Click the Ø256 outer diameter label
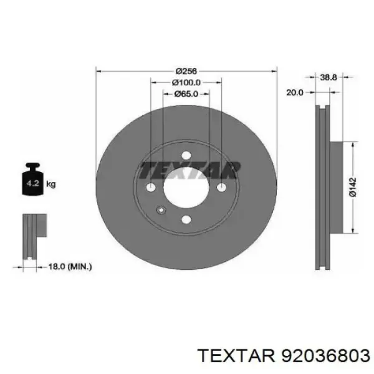(x=186, y=71)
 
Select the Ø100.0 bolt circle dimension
(x=186, y=82)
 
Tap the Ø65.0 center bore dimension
(x=186, y=94)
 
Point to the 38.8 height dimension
(x=328, y=77)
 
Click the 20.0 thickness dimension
(x=295, y=92)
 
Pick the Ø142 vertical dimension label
(x=353, y=187)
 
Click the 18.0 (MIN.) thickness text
(x=70, y=266)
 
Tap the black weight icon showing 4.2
(x=32, y=179)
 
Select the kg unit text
(x=51, y=184)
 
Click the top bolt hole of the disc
(x=186, y=156)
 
